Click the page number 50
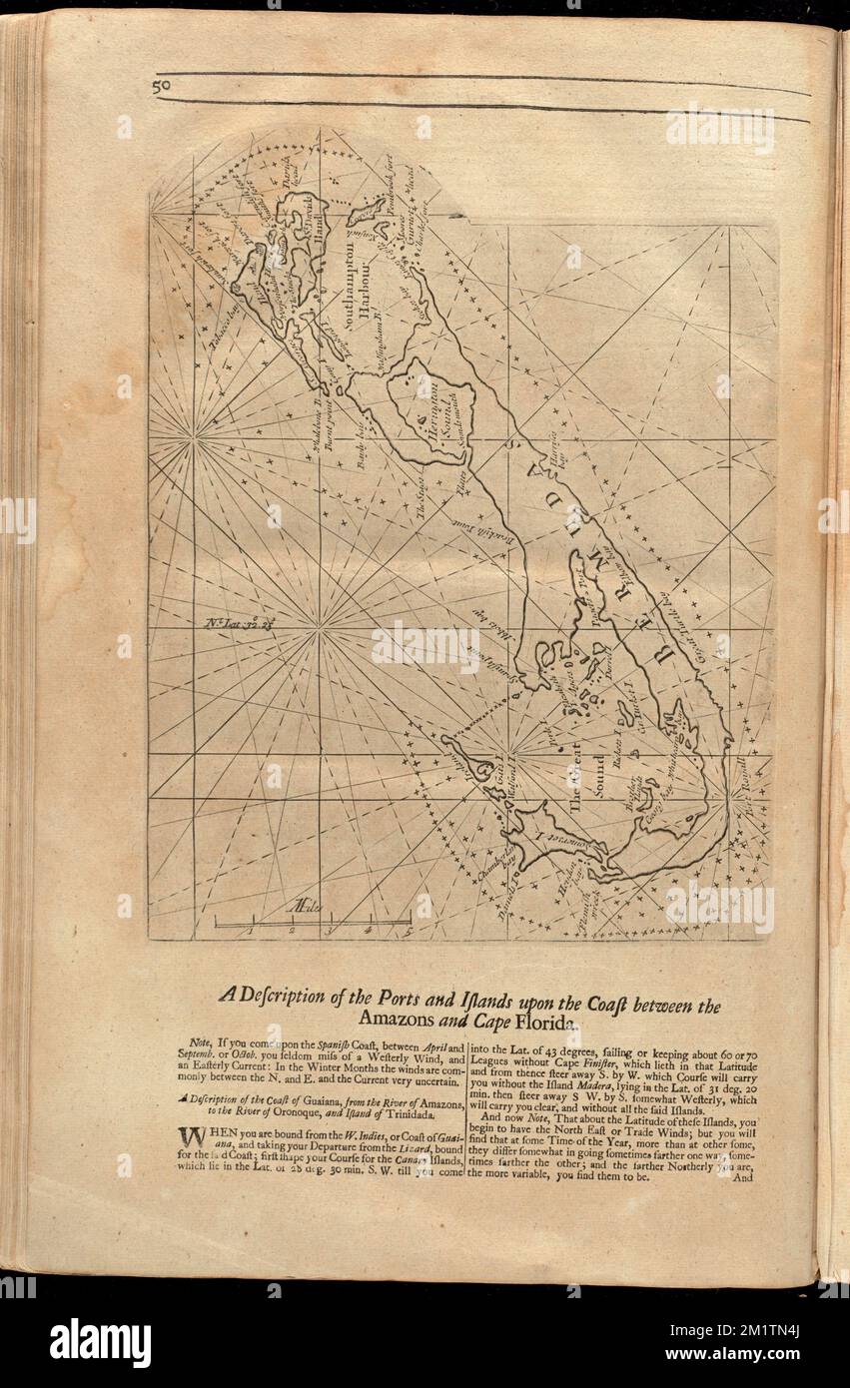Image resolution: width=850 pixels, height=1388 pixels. (162, 87)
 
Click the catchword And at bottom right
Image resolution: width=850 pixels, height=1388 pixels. (740, 1177)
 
